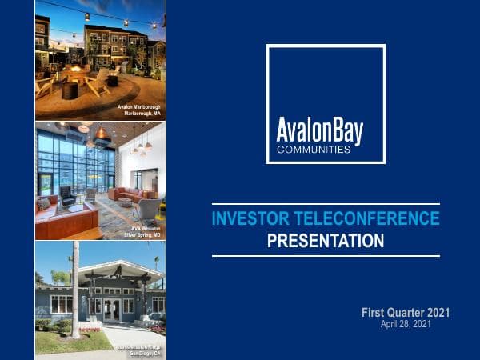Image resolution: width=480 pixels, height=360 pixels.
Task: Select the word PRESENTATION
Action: tap(326, 240)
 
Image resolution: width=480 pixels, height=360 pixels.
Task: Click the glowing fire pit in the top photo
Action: tap(78, 70)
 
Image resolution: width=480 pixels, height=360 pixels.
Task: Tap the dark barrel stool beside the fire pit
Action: tap(70, 90)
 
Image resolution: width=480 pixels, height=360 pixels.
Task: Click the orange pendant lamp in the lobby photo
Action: tap(101, 133)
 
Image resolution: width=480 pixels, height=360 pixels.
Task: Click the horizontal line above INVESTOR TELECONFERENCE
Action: tap(326, 203)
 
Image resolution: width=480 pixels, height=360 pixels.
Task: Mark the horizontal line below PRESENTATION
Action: tap(326, 256)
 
